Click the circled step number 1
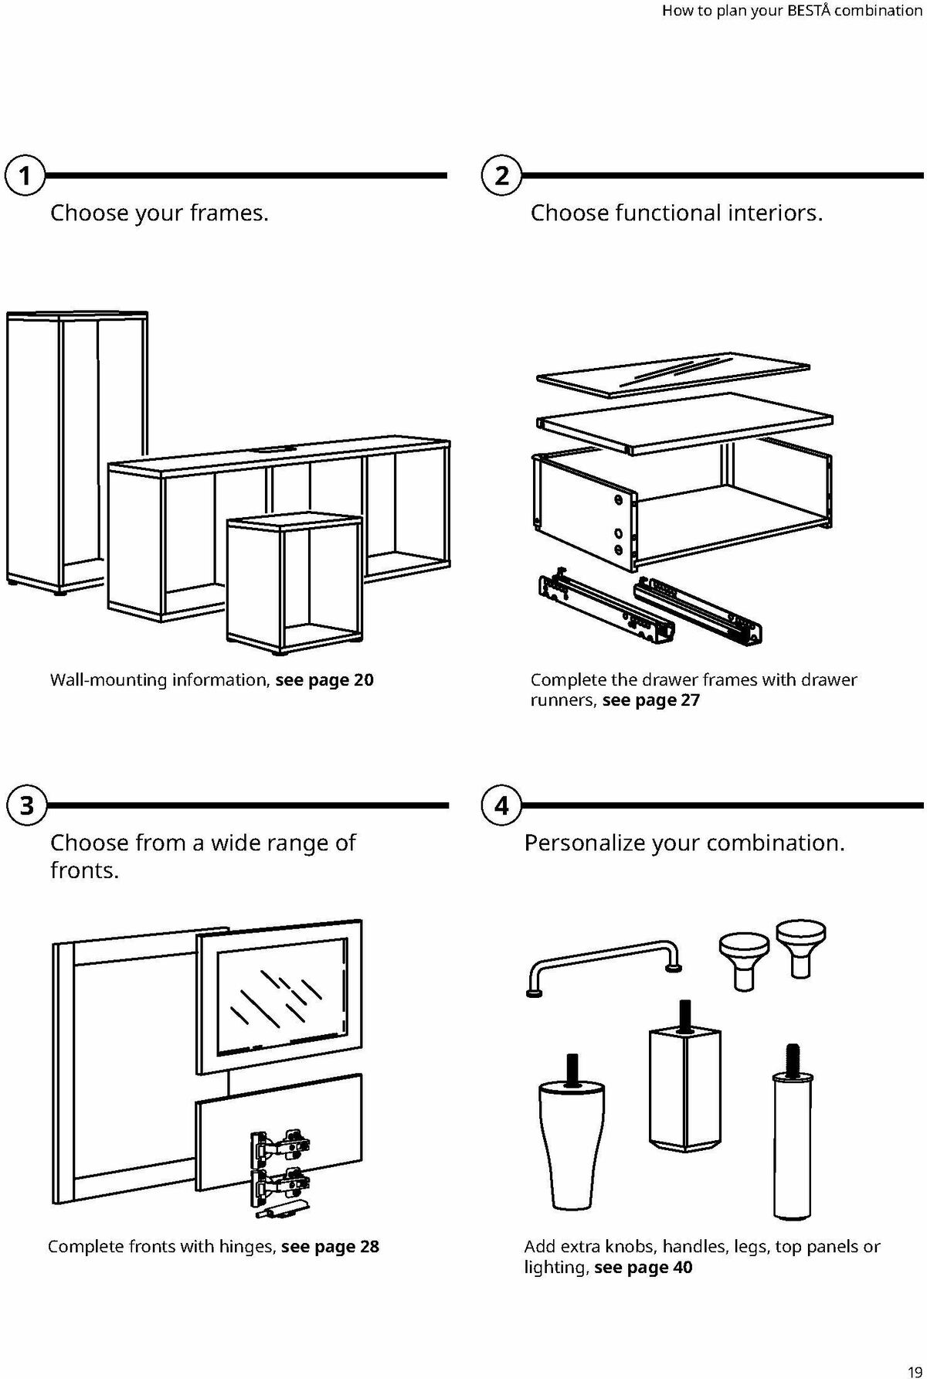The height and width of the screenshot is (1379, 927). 25,176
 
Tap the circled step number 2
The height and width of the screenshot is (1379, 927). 502,176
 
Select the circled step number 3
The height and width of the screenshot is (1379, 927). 25,806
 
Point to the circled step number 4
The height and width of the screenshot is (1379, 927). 502,806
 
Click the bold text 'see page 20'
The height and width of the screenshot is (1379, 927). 324,680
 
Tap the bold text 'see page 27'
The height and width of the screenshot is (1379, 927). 650,700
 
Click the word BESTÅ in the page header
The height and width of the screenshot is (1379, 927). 810,12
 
